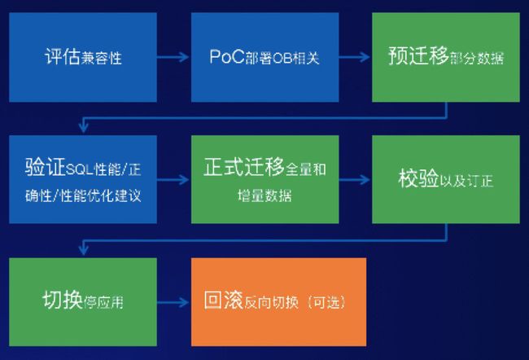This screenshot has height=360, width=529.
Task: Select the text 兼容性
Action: click(101, 58)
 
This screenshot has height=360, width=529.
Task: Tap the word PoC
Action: click(227, 56)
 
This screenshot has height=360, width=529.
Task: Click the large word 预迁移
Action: click(418, 55)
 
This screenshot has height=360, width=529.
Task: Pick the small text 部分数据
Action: click(476, 58)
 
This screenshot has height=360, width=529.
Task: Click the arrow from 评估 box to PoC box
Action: click(173, 57)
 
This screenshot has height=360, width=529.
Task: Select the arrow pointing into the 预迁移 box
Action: click(355, 57)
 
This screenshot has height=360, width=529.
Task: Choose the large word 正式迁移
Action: click(243, 167)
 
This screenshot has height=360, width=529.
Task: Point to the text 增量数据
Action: click(264, 195)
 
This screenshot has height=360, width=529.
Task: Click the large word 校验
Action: click(418, 178)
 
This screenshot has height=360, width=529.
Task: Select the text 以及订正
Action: click(466, 181)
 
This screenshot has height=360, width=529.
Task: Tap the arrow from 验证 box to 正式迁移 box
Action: click(173, 180)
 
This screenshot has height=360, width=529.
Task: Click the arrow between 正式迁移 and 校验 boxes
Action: click(355, 180)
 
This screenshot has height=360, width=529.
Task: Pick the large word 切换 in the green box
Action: click(63, 300)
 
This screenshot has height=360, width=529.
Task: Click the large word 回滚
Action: click(223, 300)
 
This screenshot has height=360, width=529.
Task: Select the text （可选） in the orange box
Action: click(326, 302)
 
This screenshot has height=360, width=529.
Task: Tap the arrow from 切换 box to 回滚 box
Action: click(173, 302)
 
